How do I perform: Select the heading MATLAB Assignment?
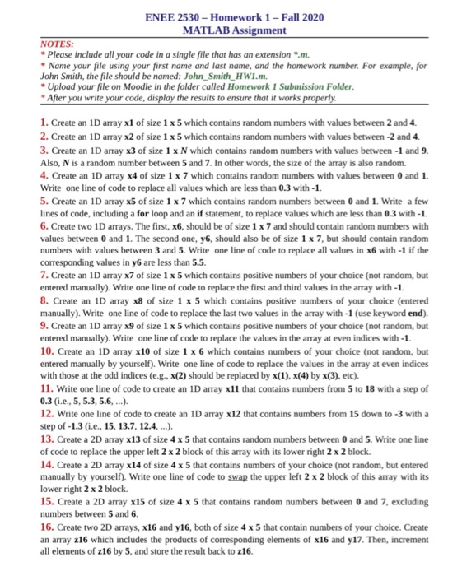click(x=231, y=30)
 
